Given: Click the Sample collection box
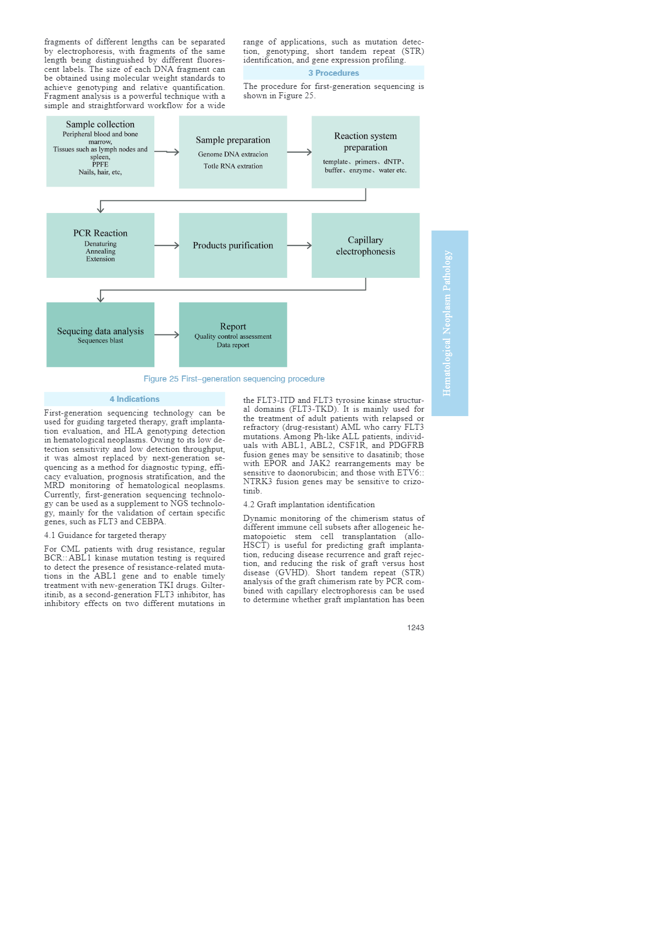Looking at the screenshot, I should tap(100, 151).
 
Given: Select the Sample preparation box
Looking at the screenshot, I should tap(233, 152).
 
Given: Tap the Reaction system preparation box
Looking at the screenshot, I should tap(365, 152).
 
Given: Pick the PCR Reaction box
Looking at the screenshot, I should tap(100, 245).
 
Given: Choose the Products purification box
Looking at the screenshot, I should tap(233, 245).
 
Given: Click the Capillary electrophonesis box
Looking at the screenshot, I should tap(365, 245).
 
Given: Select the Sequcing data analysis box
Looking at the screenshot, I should tap(100, 334).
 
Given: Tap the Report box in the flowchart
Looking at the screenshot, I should tap(233, 334).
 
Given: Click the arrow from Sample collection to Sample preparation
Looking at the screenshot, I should tap(166, 152).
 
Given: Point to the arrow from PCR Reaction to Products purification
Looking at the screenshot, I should tap(166, 245).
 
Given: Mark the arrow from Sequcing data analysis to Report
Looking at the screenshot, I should tap(166, 334).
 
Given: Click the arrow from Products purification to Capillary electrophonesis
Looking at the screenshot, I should tap(299, 245).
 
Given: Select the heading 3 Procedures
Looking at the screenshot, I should tap(333, 73).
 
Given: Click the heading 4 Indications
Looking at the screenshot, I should tap(135, 399).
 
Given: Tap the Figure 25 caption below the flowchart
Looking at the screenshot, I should tap(234, 379).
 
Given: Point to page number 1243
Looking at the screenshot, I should tap(415, 627).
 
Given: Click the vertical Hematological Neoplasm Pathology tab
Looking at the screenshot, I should tap(449, 323).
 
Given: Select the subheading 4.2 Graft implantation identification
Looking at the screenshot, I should tap(309, 504).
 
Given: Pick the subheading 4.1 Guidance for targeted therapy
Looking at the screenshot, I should tap(105, 535).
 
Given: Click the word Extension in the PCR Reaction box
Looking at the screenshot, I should tap(101, 259).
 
